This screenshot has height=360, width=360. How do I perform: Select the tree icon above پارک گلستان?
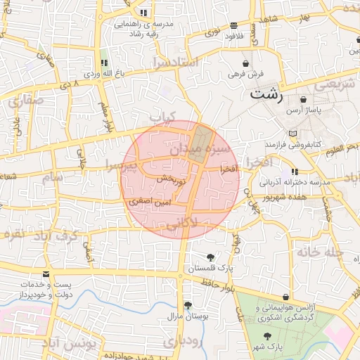click(x=210, y=257)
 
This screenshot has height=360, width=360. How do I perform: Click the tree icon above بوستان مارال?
click(x=188, y=304)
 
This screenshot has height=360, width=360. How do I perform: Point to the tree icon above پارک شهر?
click(x=266, y=337)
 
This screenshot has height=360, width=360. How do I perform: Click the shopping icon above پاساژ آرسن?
click(x=302, y=101)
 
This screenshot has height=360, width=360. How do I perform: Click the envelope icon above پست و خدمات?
click(x=46, y=274)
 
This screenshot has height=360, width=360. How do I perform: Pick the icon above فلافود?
click(x=233, y=26)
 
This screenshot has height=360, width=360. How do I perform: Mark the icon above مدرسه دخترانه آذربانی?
click(x=295, y=172)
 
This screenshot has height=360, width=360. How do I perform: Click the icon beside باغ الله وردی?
click(x=104, y=63)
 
